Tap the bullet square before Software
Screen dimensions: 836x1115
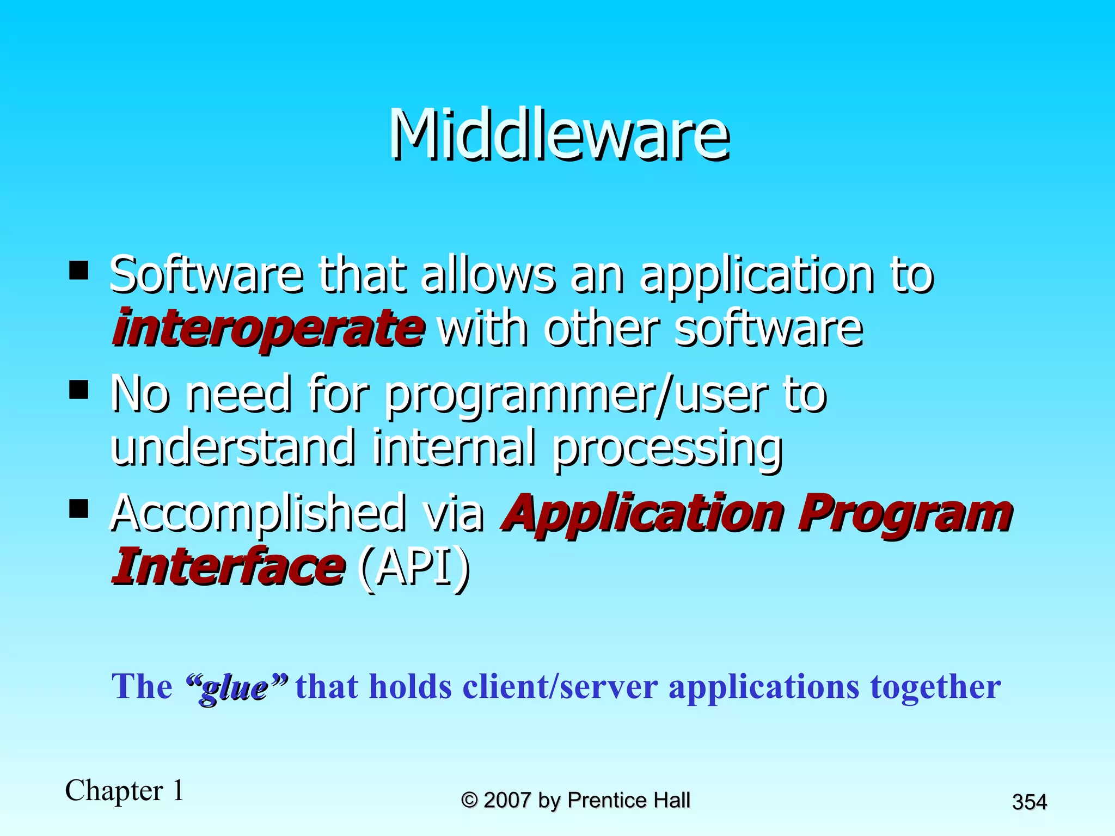click(79, 270)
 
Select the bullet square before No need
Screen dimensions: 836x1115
click(79, 390)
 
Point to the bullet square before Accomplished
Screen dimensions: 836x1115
click(79, 509)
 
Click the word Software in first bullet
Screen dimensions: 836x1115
click(206, 275)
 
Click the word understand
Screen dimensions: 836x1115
click(231, 447)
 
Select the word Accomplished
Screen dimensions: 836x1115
click(258, 513)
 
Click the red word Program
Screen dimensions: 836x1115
click(904, 514)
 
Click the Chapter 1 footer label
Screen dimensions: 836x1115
click(125, 791)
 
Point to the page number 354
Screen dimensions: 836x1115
click(1029, 802)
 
